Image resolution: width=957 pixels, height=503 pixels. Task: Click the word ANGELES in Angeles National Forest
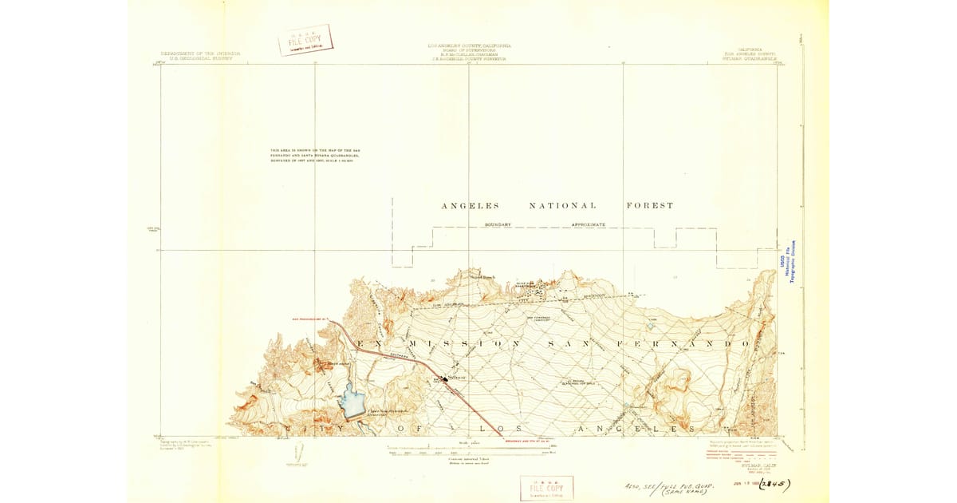tap(471, 206)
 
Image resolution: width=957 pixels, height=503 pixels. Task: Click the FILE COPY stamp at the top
tap(305, 40)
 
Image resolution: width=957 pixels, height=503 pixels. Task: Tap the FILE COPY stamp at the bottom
tap(546, 488)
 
